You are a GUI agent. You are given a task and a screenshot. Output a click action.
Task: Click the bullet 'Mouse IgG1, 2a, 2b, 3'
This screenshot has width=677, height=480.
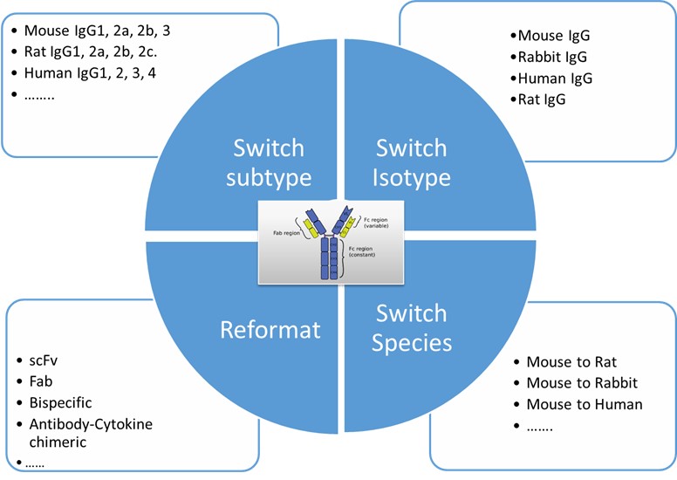click(97, 31)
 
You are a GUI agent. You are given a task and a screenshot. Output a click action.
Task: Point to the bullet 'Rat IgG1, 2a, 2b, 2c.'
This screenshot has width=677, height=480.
click(98, 52)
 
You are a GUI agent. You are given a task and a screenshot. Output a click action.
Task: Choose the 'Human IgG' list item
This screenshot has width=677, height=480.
click(555, 79)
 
